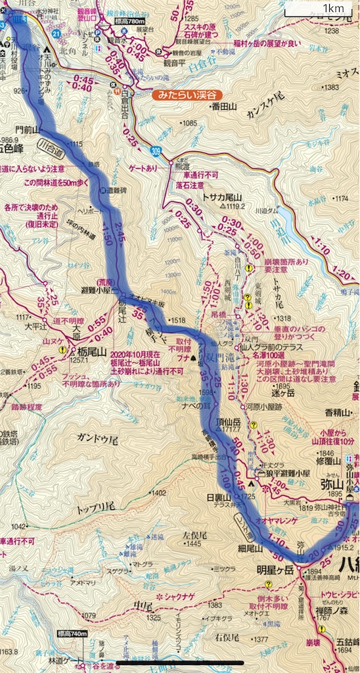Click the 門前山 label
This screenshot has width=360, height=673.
[x=28, y=128]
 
